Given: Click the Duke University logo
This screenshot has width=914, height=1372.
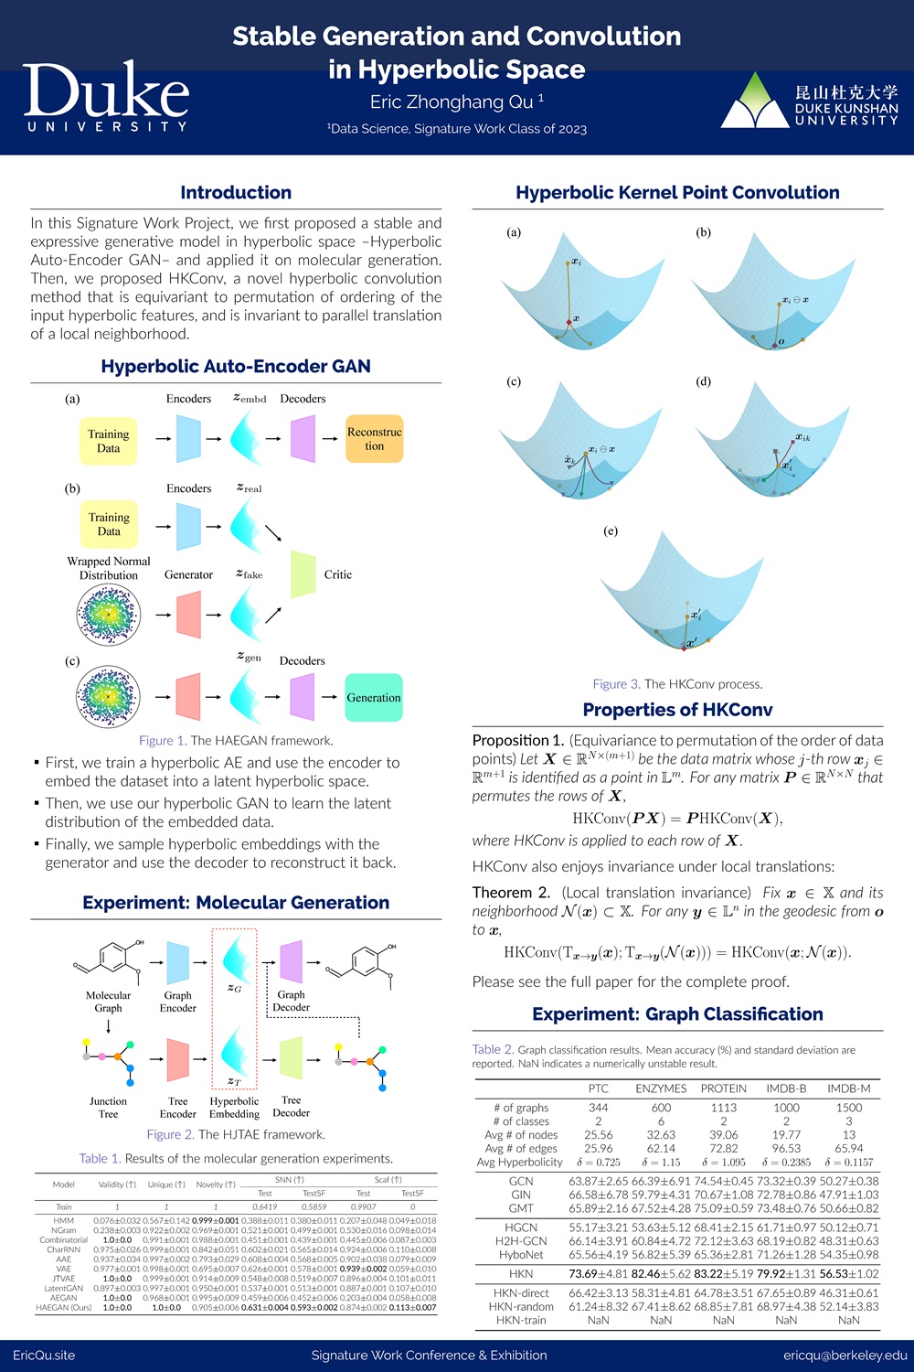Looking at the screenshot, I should pyautogui.click(x=106, y=96).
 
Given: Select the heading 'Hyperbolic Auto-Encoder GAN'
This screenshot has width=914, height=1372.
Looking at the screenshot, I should pyautogui.click(x=236, y=367).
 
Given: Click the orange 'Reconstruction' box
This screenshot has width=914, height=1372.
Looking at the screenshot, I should pyautogui.click(x=374, y=439).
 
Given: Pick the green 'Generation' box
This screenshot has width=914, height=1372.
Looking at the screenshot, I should pyautogui.click(x=374, y=698).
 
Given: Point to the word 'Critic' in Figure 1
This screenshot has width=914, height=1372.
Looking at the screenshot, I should pyautogui.click(x=337, y=574).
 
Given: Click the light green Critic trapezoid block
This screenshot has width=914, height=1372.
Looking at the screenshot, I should pyautogui.click(x=303, y=574).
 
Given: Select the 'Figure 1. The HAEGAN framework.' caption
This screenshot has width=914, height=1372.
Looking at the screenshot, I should pyautogui.click(x=236, y=740).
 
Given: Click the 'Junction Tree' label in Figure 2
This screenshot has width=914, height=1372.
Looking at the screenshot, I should pyautogui.click(x=108, y=1108).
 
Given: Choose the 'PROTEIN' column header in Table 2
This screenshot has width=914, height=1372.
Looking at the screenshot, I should pyautogui.click(x=723, y=1088).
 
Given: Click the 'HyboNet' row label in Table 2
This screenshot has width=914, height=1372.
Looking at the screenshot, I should pyautogui.click(x=522, y=1254).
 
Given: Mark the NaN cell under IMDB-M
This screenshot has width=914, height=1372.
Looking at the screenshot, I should pyautogui.click(x=848, y=1320).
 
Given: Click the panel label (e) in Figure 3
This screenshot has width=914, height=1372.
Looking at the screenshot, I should pyautogui.click(x=611, y=531).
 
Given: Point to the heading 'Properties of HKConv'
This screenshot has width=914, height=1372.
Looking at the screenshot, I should pyautogui.click(x=677, y=710).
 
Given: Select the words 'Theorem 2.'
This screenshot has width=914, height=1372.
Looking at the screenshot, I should pyautogui.click(x=511, y=893).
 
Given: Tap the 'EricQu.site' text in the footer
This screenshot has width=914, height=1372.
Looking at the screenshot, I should pyautogui.click(x=44, y=1355).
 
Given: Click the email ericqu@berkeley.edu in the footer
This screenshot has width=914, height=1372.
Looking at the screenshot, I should pyautogui.click(x=845, y=1355).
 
